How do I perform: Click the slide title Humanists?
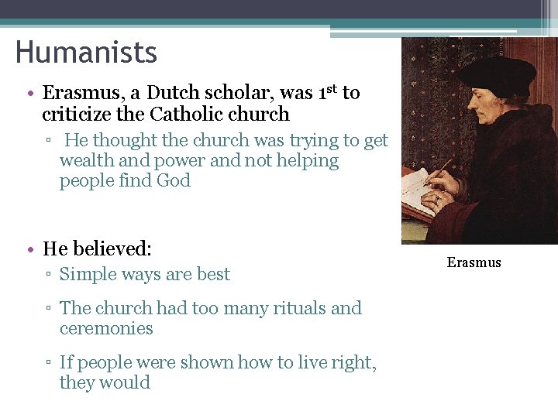click(x=86, y=53)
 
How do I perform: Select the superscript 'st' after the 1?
click(x=331, y=89)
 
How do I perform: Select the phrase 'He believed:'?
click(x=97, y=248)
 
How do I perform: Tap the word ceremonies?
click(x=106, y=328)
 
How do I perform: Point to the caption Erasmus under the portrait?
click(x=474, y=262)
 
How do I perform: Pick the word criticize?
click(x=76, y=115)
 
